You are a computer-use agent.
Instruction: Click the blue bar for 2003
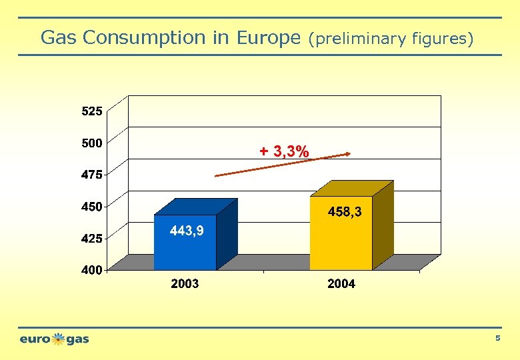tap(185, 250)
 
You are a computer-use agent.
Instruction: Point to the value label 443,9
tap(187, 231)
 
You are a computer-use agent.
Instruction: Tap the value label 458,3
tap(345, 212)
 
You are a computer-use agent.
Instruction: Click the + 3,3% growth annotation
tap(284, 152)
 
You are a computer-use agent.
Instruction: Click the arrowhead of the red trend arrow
tap(347, 154)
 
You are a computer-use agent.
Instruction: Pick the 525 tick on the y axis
tap(92, 112)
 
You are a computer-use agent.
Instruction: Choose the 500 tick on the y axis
tap(92, 142)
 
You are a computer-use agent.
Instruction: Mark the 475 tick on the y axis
tap(92, 175)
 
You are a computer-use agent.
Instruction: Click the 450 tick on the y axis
tap(92, 206)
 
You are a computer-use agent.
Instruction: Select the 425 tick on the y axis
tap(92, 238)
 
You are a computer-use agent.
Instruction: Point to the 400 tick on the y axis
tap(92, 270)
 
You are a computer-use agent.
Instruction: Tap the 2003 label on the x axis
tap(185, 284)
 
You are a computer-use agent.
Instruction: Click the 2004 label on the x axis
tap(341, 284)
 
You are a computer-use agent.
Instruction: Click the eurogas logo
tap(54, 339)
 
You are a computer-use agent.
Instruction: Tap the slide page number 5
tap(497, 339)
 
